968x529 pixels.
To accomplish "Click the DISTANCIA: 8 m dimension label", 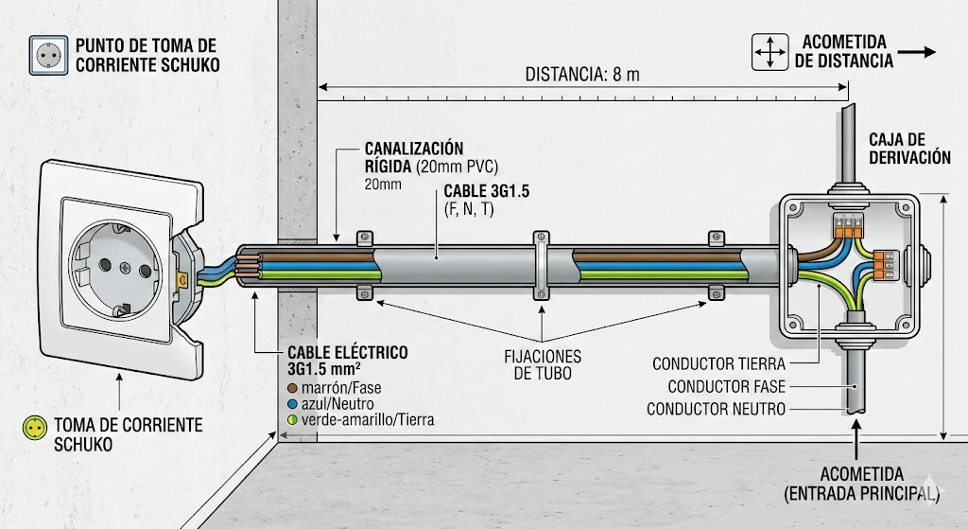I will pos(582,74).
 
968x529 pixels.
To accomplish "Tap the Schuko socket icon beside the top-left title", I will pos(47,55).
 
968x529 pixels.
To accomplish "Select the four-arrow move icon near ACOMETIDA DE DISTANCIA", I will pos(769,52).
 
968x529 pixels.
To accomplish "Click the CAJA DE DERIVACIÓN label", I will pos(909,149).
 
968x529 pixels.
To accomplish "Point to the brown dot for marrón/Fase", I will pos(293,388).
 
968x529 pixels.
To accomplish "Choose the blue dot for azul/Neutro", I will pos(293,403).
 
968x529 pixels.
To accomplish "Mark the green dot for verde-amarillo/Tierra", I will pos(293,418).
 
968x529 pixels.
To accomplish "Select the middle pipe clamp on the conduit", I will pos(541,264).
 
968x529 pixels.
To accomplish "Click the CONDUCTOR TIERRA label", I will pos(721,363).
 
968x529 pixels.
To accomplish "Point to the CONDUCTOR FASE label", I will pos(727,386).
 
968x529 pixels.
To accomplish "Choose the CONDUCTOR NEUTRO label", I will pos(716,409).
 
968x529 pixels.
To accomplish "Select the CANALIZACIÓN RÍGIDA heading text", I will pos(414,157).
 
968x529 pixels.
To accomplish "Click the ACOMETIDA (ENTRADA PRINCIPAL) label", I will pos(862,483).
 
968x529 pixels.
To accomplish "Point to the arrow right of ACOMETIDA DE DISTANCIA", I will pos(917,52).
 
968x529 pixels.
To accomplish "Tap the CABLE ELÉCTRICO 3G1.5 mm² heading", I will pos(348,361).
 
